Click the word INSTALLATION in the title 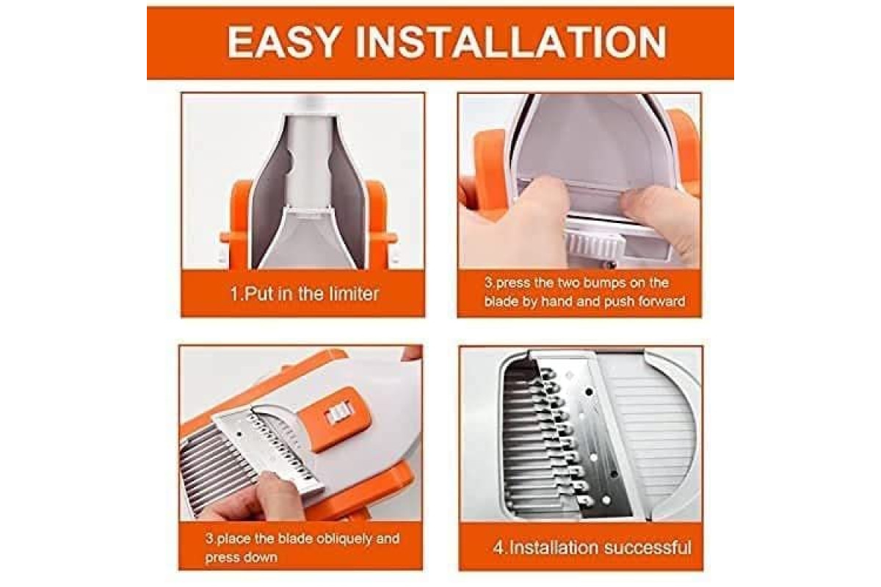coord(511,43)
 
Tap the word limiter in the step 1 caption coord(349,294)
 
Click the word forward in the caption coord(661,302)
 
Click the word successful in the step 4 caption coord(645,547)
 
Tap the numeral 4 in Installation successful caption coord(498,547)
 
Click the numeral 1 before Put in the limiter coord(233,294)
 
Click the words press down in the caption coord(241,558)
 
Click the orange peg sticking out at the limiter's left coord(225,238)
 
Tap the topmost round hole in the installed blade coord(589,392)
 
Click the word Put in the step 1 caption coord(256,294)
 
